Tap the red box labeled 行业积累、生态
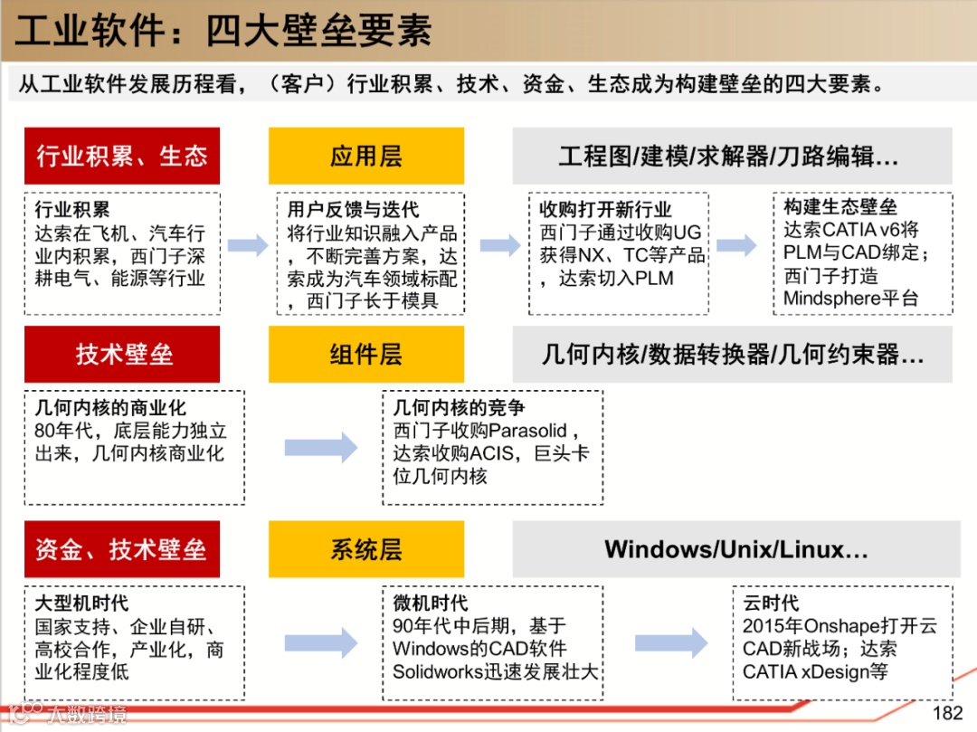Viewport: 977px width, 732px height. coord(122,156)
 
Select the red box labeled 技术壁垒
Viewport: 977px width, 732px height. coord(122,354)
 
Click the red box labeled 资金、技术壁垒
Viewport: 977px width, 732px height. coord(122,549)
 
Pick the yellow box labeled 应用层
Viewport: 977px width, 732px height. coord(365,156)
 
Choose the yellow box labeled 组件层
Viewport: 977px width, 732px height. coord(365,354)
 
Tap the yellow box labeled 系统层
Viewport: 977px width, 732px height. coord(365,549)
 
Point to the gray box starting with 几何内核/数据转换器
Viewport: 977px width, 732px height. coord(732,354)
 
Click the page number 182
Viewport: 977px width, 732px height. coord(947,713)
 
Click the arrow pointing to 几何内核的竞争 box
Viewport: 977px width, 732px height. coord(321,446)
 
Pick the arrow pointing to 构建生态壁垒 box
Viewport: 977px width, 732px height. coord(736,244)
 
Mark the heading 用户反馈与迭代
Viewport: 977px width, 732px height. coord(353,210)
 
